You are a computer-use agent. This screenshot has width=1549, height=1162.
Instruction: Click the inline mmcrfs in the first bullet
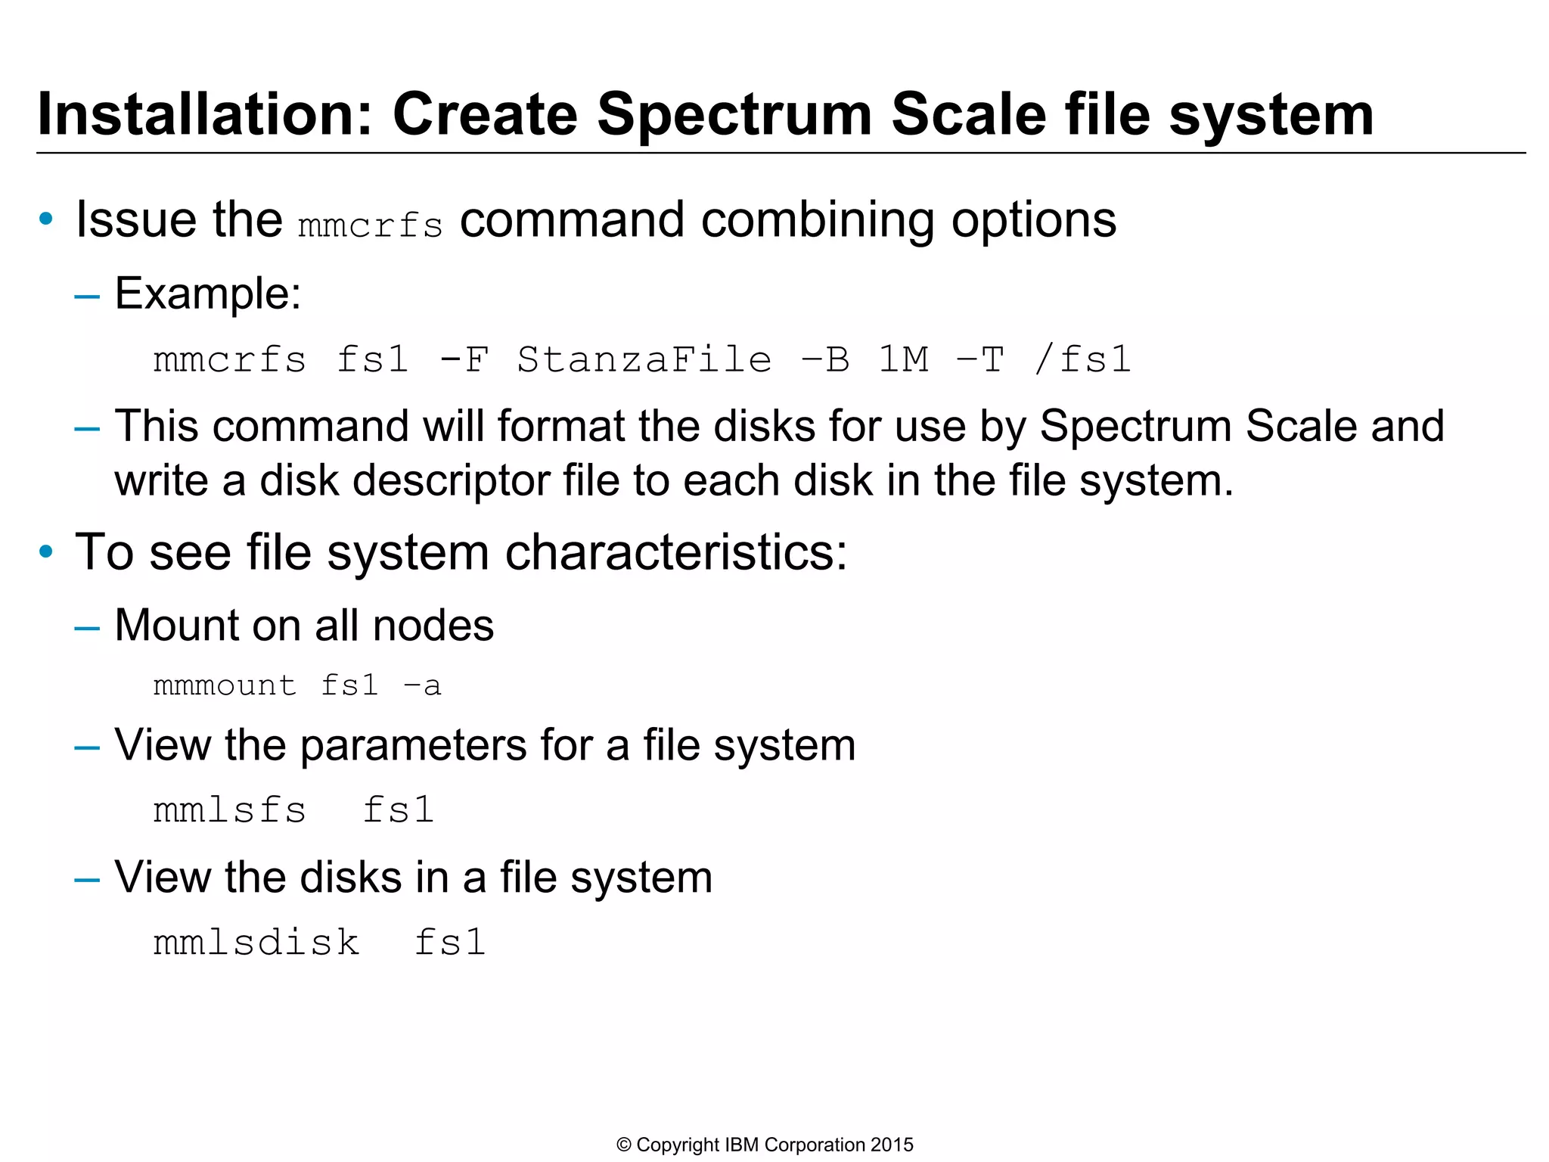[370, 225]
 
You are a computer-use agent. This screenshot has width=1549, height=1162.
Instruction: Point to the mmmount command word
[225, 685]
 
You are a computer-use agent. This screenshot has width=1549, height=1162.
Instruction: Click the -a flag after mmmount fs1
[422, 685]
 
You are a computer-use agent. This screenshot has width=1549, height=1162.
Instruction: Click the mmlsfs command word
[230, 810]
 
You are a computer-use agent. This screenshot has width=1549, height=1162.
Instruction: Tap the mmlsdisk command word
[256, 943]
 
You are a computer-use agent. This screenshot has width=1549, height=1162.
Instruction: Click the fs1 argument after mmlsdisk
[450, 943]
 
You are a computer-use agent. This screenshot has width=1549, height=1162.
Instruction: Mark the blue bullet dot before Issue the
[46, 219]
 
